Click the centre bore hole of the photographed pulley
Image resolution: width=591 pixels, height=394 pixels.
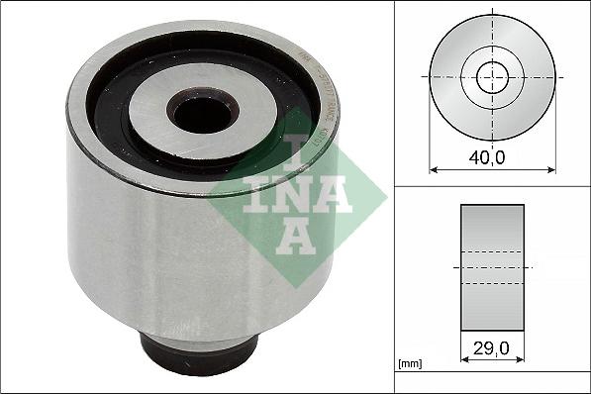[x=201, y=112]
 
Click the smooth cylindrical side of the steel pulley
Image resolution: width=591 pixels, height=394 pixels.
[x=148, y=247]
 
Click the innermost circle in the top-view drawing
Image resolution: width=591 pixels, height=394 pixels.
[x=492, y=76]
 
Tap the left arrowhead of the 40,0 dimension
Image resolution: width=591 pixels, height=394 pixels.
[x=434, y=168]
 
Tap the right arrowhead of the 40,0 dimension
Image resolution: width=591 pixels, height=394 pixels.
[x=551, y=168]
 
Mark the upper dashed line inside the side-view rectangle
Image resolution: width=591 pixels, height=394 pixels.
[x=492, y=251]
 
